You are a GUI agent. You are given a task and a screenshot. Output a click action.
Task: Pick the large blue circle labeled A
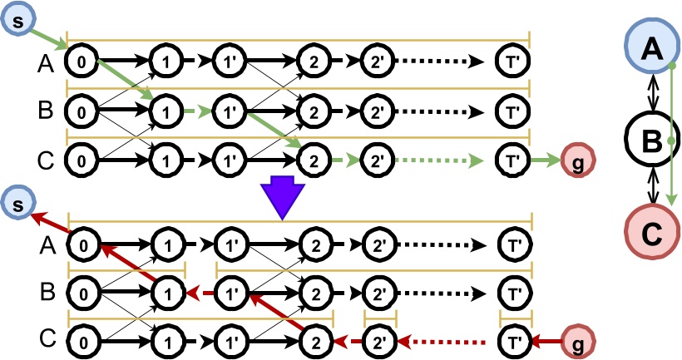pyautogui.click(x=652, y=49)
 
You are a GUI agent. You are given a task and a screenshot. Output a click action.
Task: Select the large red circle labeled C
pyautogui.click(x=652, y=233)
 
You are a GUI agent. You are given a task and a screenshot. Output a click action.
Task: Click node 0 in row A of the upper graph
pyautogui.click(x=82, y=62)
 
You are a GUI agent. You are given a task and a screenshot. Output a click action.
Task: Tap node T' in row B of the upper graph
pyautogui.click(x=513, y=110)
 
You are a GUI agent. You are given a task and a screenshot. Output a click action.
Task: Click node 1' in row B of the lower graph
pyautogui.click(x=233, y=293)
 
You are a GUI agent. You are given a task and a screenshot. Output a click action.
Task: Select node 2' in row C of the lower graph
pyautogui.click(x=380, y=342)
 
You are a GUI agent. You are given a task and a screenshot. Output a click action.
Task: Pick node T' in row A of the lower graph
pyautogui.click(x=513, y=245)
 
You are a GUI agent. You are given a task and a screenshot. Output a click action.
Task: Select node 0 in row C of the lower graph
pyautogui.click(x=82, y=342)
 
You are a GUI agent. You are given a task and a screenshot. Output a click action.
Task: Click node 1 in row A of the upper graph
pyautogui.click(x=165, y=62)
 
